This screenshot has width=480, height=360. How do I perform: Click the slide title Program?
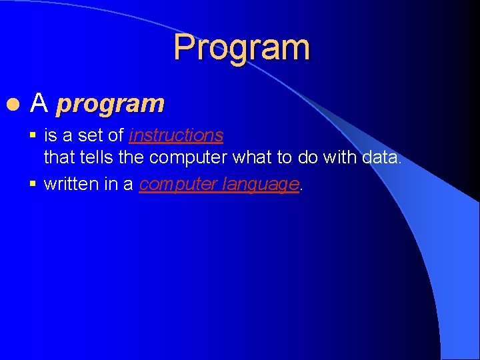tap(241, 48)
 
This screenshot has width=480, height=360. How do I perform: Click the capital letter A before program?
tap(40, 103)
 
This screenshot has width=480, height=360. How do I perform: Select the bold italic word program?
tap(110, 104)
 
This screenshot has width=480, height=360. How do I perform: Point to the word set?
tap(93, 136)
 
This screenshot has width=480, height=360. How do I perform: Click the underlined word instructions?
tap(176, 136)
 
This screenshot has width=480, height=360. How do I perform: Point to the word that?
tap(58, 157)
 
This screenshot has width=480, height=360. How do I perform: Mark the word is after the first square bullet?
tap(51, 136)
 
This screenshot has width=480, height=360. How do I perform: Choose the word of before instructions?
tap(116, 136)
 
